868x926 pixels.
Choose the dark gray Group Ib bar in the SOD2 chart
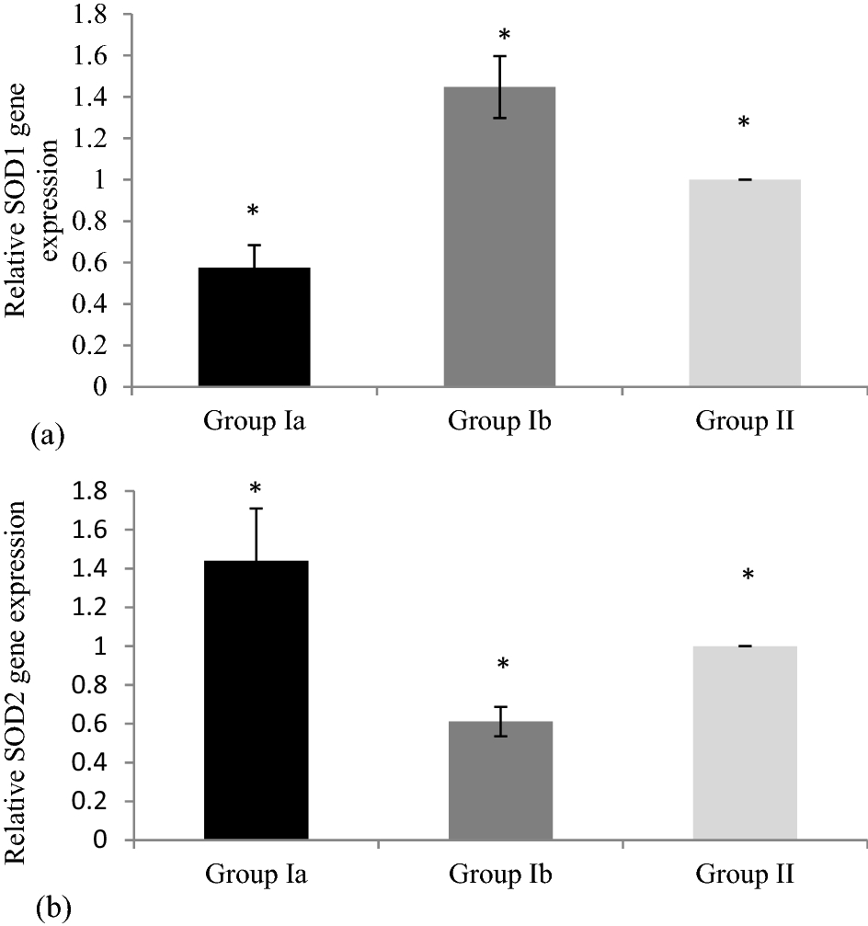point(500,781)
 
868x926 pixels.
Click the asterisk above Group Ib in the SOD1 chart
point(504,36)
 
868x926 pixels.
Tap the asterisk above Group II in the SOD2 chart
point(748,576)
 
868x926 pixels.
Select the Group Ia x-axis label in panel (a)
point(255,421)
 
